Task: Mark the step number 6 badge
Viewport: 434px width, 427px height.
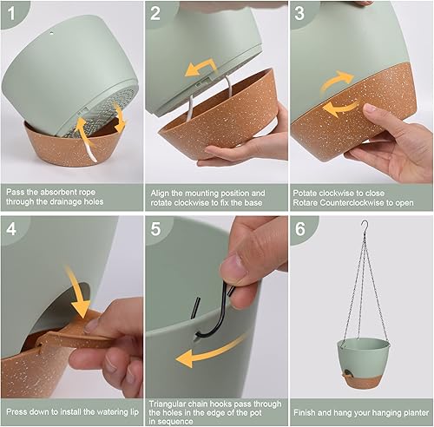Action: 300,230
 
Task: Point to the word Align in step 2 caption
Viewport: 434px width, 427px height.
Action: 161,191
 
